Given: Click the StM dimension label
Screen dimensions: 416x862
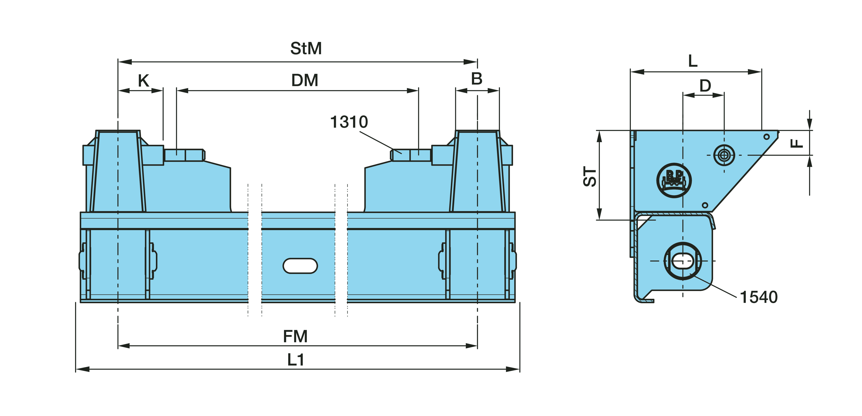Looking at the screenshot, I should [306, 48].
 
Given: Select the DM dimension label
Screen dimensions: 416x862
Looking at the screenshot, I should [305, 80].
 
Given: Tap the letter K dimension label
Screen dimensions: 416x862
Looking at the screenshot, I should [144, 81].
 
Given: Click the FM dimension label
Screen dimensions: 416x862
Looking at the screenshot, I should [295, 336].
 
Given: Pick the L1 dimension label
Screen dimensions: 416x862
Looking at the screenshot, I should [296, 360].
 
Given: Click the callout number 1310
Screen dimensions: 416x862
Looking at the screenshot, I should [349, 122].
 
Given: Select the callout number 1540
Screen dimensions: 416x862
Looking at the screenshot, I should [759, 297].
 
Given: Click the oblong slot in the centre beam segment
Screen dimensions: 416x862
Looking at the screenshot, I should [300, 266].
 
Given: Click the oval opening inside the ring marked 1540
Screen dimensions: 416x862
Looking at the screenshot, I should [683, 261].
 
